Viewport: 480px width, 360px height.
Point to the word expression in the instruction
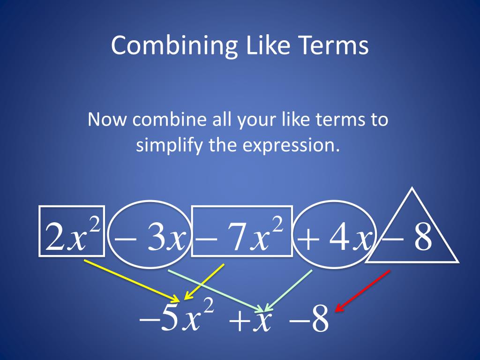(291, 145)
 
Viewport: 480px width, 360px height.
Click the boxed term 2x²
(72, 232)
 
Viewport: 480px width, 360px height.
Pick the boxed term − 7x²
(241, 232)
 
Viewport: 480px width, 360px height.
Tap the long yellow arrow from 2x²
(131, 280)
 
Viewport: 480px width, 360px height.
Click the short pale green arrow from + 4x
(288, 291)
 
